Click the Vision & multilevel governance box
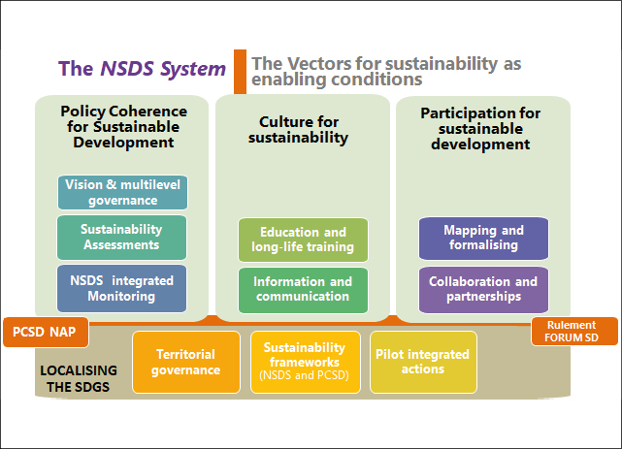click(122, 192)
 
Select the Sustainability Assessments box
click(122, 238)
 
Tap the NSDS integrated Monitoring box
click(122, 288)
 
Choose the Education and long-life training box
click(304, 240)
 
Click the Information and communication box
click(304, 290)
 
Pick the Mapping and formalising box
click(483, 238)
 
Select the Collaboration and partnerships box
click(483, 289)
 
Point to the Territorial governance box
click(185, 362)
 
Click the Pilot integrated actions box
click(422, 362)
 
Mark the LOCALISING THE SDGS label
click(79, 378)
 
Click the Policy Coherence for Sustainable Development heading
click(123, 127)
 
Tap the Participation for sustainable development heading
click(481, 129)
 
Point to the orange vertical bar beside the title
click(240, 71)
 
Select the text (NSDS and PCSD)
click(304, 374)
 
